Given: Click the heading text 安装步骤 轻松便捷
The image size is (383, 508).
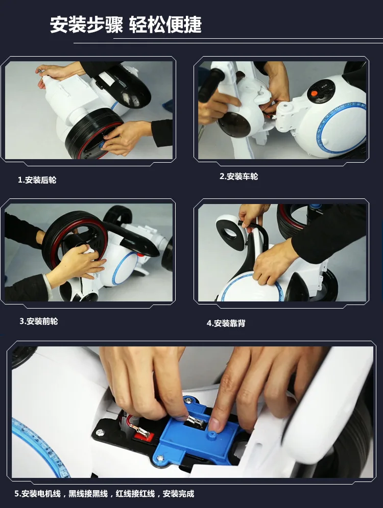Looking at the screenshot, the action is click(126, 24).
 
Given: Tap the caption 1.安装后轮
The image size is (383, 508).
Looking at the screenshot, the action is click(37, 180).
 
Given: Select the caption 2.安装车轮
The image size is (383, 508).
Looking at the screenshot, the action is click(238, 176).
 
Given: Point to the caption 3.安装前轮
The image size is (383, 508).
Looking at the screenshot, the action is click(39, 321).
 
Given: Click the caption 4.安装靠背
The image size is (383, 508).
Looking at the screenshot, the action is click(226, 323).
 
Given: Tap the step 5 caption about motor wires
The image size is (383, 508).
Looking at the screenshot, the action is click(104, 494).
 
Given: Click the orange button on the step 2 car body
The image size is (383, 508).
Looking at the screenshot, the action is click(314, 93).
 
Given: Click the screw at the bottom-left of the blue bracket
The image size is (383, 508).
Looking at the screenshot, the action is click(160, 459).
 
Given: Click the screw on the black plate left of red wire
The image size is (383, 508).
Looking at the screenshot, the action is click(100, 431).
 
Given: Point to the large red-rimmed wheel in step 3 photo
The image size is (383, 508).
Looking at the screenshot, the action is click(75, 240).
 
